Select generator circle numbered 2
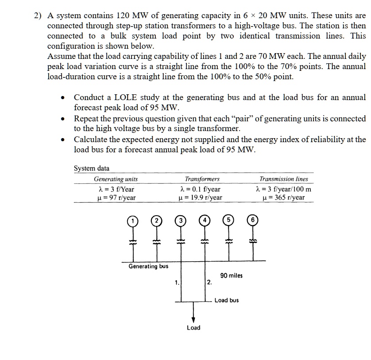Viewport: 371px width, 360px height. (156, 220)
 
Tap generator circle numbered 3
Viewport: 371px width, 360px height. (180, 220)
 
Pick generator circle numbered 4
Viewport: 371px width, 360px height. (205, 220)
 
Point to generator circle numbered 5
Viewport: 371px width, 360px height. (228, 220)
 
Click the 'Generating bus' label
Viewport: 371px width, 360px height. (148, 266)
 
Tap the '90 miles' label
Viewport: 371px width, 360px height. (231, 275)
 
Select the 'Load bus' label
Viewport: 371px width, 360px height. (226, 300)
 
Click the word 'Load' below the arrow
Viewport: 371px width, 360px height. (193, 328)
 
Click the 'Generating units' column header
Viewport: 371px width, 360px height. (116, 179)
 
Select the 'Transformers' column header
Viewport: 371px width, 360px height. (202, 179)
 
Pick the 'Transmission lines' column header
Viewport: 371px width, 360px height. (283, 179)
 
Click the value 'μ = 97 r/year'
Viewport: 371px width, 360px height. (116, 197)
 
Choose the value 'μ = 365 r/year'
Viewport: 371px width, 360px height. (283, 197)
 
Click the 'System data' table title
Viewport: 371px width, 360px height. (91, 168)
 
